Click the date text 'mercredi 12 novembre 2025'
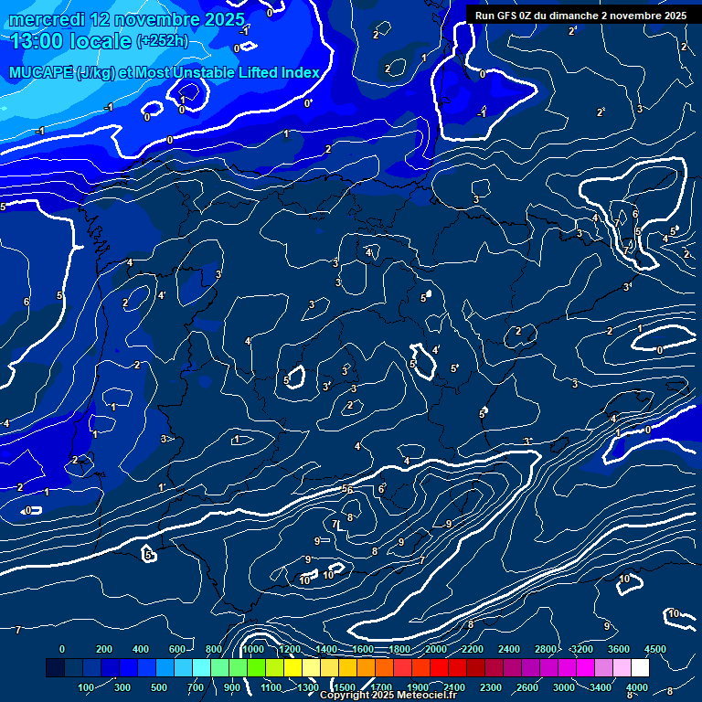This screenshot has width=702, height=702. coord(127,19)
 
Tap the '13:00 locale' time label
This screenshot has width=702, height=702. coord(69,40)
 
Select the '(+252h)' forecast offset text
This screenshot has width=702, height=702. coord(163,40)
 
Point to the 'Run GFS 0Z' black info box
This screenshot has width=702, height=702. coord(580,16)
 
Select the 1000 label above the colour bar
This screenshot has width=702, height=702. coord(253,649)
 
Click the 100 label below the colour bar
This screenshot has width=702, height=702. coord(86,687)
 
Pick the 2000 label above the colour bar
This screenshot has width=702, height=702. coord(436,649)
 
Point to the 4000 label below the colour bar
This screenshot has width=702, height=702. coord(637,687)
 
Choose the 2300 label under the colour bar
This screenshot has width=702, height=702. coord(491,687)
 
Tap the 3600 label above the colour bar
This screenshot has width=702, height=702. coord(619,649)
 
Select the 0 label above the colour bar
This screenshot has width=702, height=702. coord(62,649)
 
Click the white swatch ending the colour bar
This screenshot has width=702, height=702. coord(640,668)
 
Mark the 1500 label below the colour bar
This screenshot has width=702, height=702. coord(345,687)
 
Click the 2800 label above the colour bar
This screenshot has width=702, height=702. coord(546,649)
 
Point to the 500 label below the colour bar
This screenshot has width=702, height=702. coord(160,687)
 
